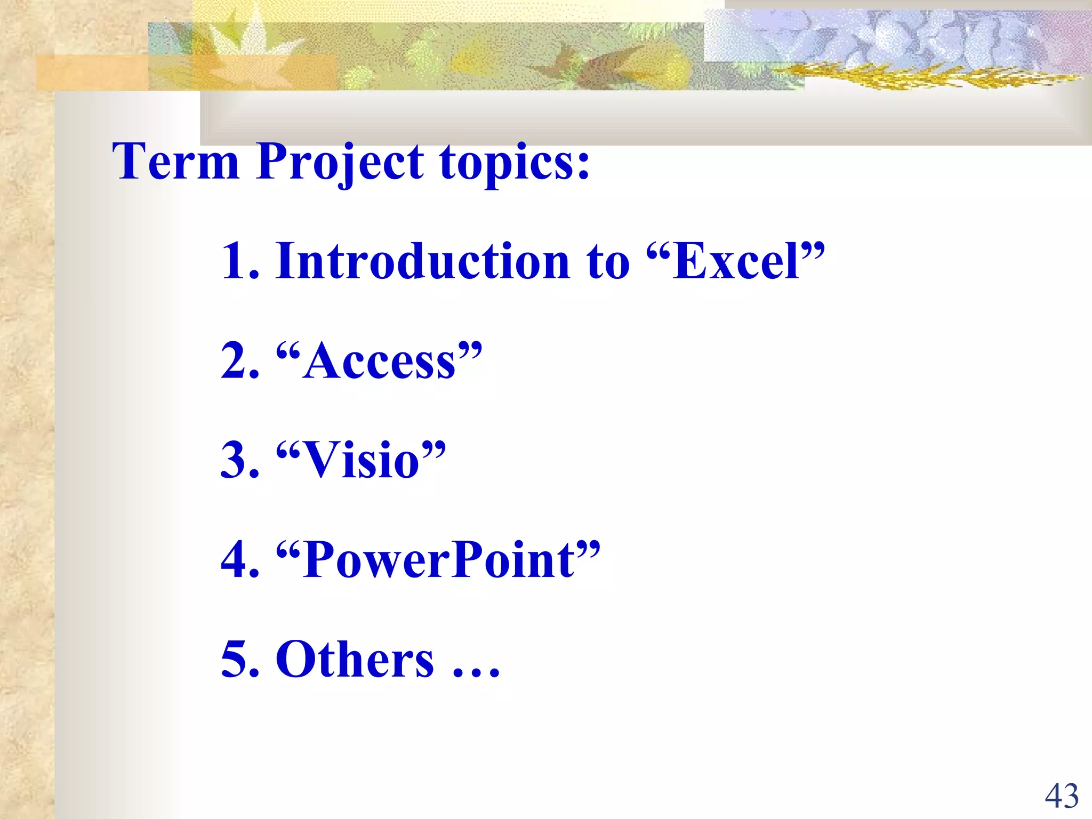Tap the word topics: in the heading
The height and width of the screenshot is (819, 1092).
(x=515, y=163)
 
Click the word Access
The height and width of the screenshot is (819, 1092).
(x=379, y=362)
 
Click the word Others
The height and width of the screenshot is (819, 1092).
(x=355, y=660)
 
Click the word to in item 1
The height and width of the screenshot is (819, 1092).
(x=608, y=262)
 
